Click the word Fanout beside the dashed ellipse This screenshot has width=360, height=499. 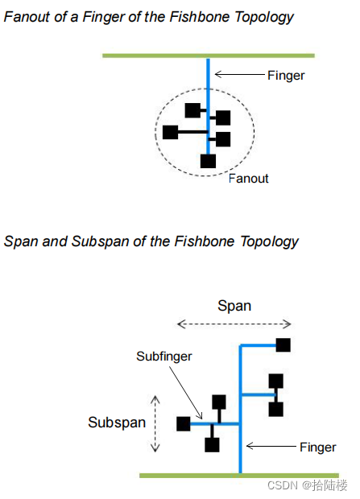(x=249, y=179)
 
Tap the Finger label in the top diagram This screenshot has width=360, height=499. (x=286, y=76)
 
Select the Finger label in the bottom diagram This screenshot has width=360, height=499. (x=317, y=447)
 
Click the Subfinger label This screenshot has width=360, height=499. (x=164, y=357)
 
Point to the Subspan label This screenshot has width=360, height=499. (x=117, y=423)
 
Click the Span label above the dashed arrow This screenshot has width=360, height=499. (x=234, y=306)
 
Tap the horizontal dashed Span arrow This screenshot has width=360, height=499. (x=234, y=324)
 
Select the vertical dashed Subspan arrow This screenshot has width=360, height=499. (x=155, y=423)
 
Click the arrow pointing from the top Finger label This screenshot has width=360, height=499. (x=239, y=75)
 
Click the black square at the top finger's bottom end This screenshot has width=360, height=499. (x=208, y=161)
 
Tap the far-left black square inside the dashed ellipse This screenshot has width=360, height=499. (x=170, y=132)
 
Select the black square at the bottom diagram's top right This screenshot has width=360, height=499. (x=283, y=345)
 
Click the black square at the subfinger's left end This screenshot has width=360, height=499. (x=184, y=424)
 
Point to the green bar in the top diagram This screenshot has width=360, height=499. (x=209, y=56)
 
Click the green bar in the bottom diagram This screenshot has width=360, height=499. (x=239, y=476)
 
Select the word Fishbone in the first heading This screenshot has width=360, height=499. (x=200, y=17)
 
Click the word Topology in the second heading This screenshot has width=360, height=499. (x=269, y=242)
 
